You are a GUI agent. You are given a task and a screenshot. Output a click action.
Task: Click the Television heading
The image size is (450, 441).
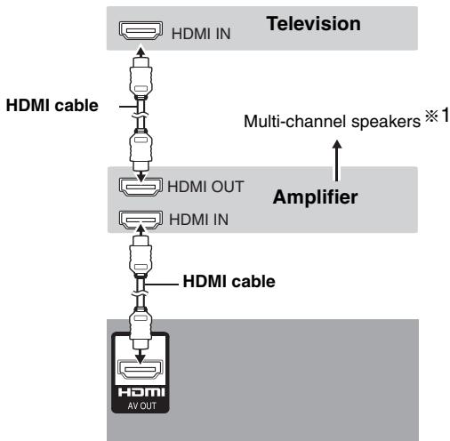pyautogui.click(x=314, y=24)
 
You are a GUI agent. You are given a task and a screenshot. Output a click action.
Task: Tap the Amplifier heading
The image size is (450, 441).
pyautogui.click(x=315, y=197)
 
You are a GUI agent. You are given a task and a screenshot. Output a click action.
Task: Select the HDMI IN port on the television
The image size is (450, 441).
pyautogui.click(x=141, y=30)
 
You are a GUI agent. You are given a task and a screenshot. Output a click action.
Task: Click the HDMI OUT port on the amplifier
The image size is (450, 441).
pyautogui.click(x=141, y=187)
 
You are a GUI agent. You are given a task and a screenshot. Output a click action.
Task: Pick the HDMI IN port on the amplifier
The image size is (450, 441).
pyautogui.click(x=141, y=220)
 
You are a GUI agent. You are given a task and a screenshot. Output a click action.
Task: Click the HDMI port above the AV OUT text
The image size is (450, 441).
pyautogui.click(x=141, y=369)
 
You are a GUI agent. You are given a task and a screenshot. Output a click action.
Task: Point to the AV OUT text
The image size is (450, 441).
pyautogui.click(x=142, y=405)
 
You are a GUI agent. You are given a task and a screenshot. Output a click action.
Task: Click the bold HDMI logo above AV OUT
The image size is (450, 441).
pyautogui.click(x=141, y=392)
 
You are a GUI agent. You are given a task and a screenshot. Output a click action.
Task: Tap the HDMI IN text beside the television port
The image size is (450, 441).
pyautogui.click(x=201, y=34)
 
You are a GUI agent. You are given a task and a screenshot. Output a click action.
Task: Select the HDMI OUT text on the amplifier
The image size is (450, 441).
pyautogui.click(x=205, y=187)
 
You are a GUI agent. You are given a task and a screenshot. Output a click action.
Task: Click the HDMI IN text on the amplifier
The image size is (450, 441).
pyautogui.click(x=198, y=220)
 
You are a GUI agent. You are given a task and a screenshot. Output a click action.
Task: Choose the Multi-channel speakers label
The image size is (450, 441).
pyautogui.click(x=332, y=122)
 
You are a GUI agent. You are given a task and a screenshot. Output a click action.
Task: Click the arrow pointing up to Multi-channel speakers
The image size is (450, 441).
pyautogui.click(x=336, y=160)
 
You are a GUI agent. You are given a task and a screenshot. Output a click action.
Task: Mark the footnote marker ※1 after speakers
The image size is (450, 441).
pyautogui.click(x=437, y=116)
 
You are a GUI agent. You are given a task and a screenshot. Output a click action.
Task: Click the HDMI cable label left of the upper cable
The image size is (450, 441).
pyautogui.click(x=52, y=106)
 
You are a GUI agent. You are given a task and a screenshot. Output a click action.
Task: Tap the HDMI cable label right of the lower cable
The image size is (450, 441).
pyautogui.click(x=229, y=281)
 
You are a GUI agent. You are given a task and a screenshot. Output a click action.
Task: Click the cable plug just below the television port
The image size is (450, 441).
pyautogui.click(x=141, y=77)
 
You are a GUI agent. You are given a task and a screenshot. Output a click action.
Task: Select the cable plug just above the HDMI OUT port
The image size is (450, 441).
pyautogui.click(x=141, y=149)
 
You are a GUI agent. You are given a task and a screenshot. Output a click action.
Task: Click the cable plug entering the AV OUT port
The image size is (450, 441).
pyautogui.click(x=141, y=328)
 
